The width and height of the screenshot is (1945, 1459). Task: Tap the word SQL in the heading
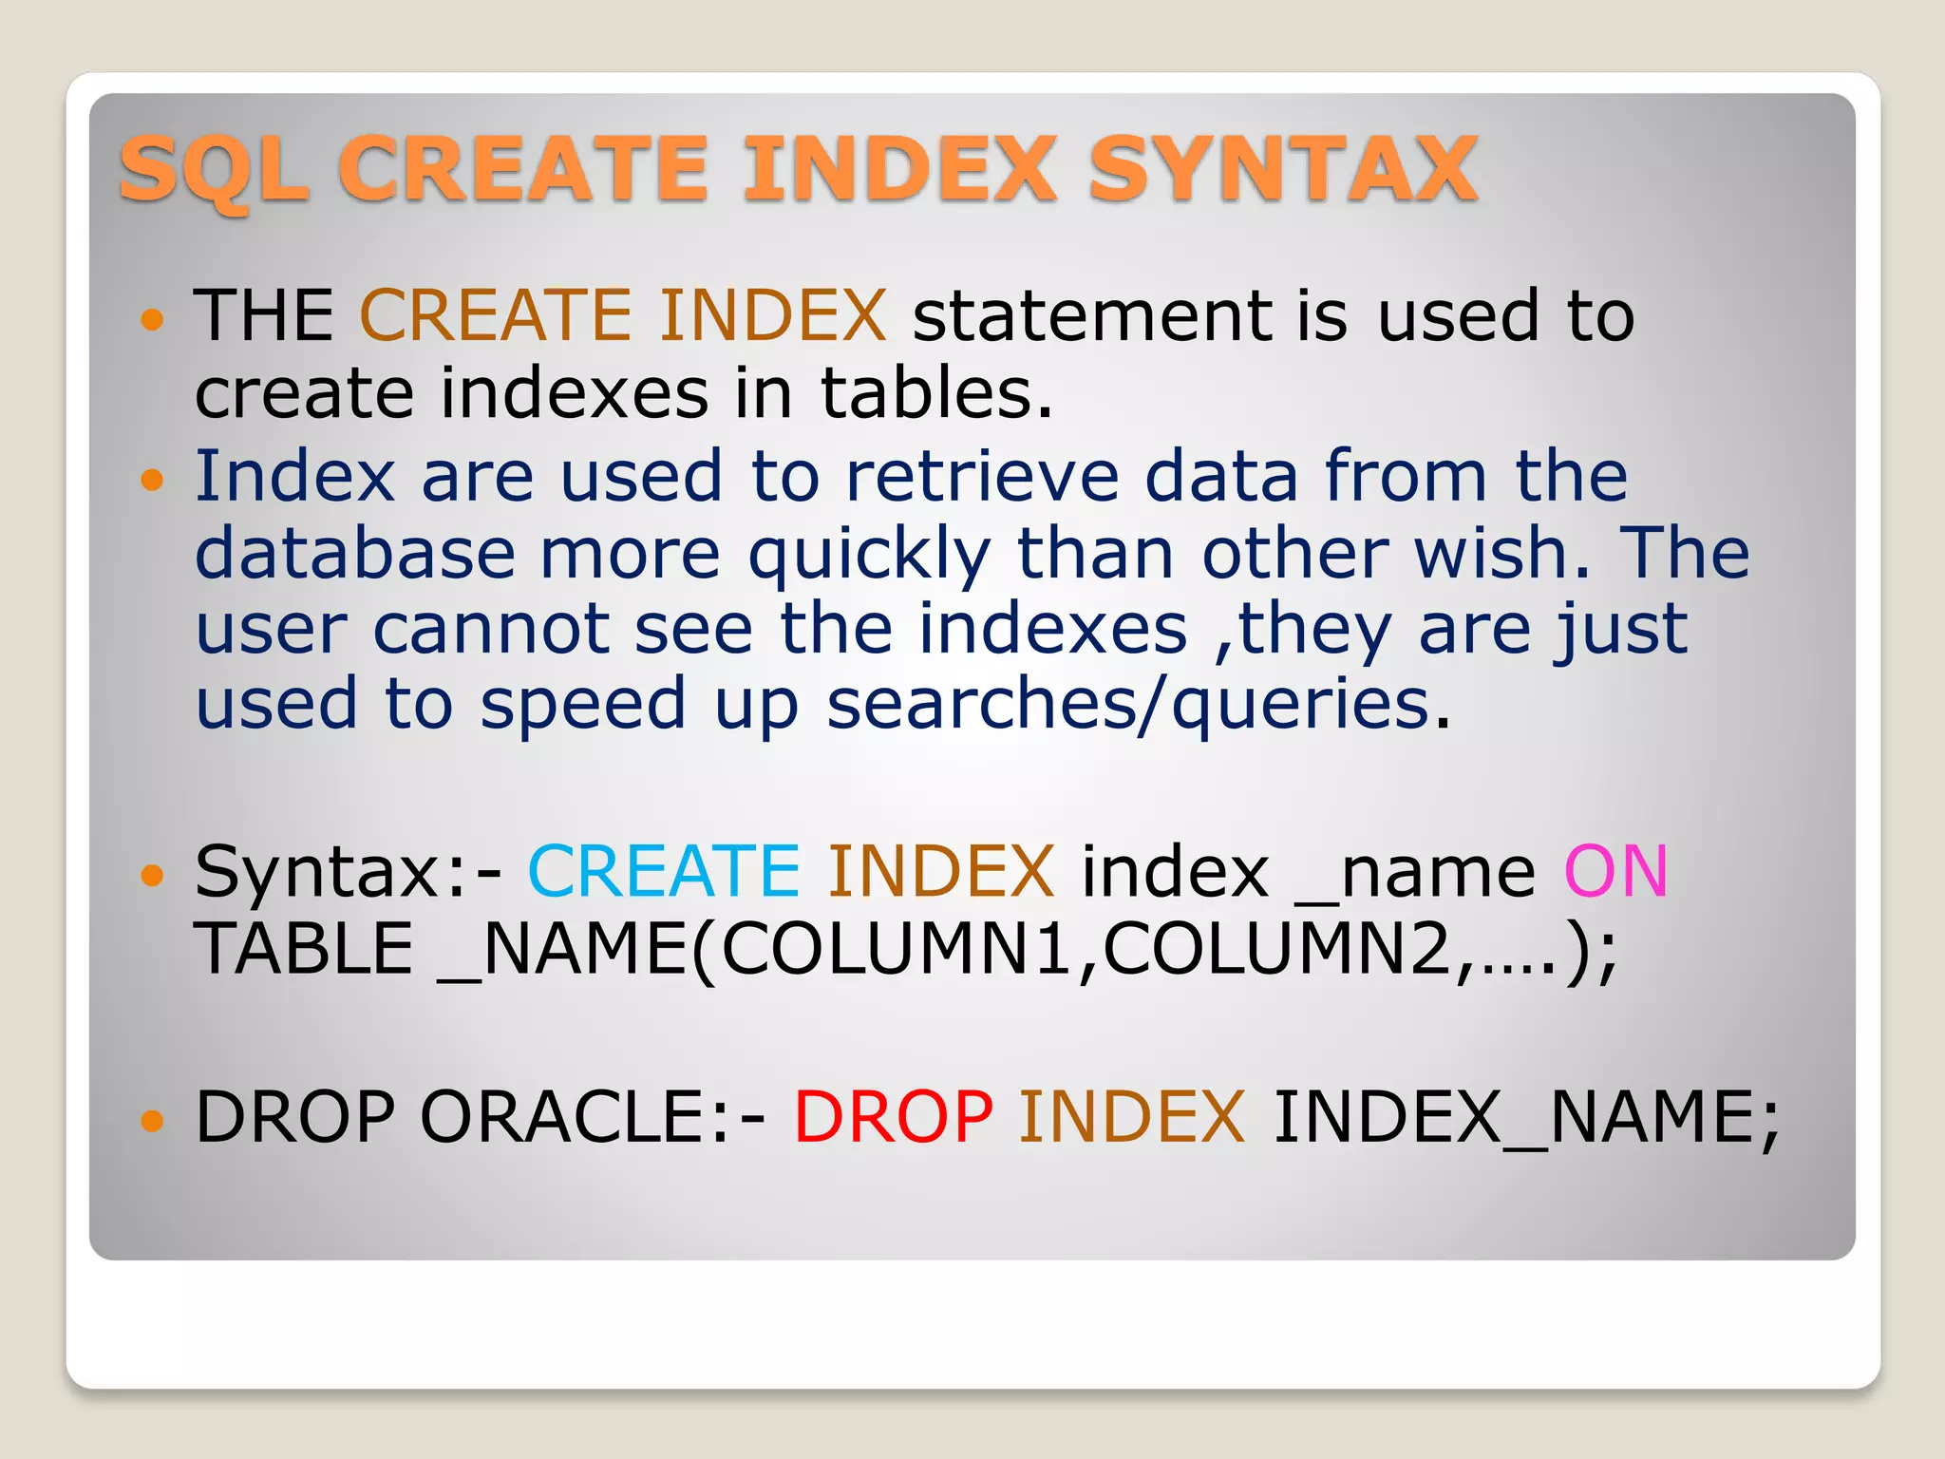pyautogui.click(x=215, y=171)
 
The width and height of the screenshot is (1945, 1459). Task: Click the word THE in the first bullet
pyautogui.click(x=264, y=316)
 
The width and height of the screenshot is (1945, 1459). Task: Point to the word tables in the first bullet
pyautogui.click(x=936, y=393)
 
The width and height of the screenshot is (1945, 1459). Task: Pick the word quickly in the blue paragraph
pyautogui.click(x=869, y=555)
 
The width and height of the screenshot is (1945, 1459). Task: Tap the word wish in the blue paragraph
pyautogui.click(x=1501, y=553)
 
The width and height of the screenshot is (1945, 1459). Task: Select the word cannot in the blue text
pyautogui.click(x=491, y=630)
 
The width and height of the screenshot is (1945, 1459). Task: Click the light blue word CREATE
pyautogui.click(x=664, y=871)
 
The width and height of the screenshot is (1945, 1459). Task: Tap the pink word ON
pyautogui.click(x=1615, y=871)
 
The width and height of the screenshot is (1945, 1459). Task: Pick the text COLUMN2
pyautogui.click(x=1278, y=949)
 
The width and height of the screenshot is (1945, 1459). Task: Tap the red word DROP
pyautogui.click(x=894, y=1117)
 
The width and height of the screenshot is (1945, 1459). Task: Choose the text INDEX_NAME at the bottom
pyautogui.click(x=1524, y=1119)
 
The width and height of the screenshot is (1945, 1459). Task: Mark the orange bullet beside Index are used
pyautogui.click(x=152, y=480)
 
